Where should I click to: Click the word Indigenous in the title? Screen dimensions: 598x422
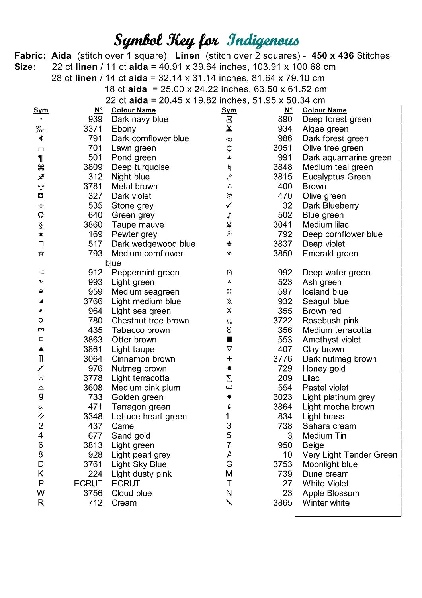coord(263,41)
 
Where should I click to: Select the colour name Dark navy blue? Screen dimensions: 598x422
coord(140,119)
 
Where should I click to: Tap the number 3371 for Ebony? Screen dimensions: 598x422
coord(93,129)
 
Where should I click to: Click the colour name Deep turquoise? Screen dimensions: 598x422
coord(140,167)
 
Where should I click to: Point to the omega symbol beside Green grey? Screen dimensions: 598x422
coord(41,215)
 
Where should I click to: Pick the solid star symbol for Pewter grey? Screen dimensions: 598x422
coord(41,234)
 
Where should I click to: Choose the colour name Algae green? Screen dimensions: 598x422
coord(325,129)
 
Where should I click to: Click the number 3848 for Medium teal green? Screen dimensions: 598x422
coord(282,167)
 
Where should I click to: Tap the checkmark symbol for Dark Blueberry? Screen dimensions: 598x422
coord(229,205)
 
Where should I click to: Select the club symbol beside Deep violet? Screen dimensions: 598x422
coord(229,244)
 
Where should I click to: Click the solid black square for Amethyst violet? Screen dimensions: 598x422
coord(229,340)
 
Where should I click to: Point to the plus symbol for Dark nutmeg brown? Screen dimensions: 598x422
coord(229,359)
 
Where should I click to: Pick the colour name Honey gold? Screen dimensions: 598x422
coord(324,369)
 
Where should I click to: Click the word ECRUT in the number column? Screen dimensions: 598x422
coord(88,484)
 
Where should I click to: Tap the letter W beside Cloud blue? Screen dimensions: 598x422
coord(41,493)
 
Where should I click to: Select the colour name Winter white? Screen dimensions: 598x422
coord(326,503)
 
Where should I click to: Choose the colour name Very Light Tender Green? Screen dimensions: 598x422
coord(350,455)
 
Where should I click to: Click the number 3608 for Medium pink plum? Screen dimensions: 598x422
coord(93,388)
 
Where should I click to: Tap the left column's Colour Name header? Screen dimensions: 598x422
coord(133,110)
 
